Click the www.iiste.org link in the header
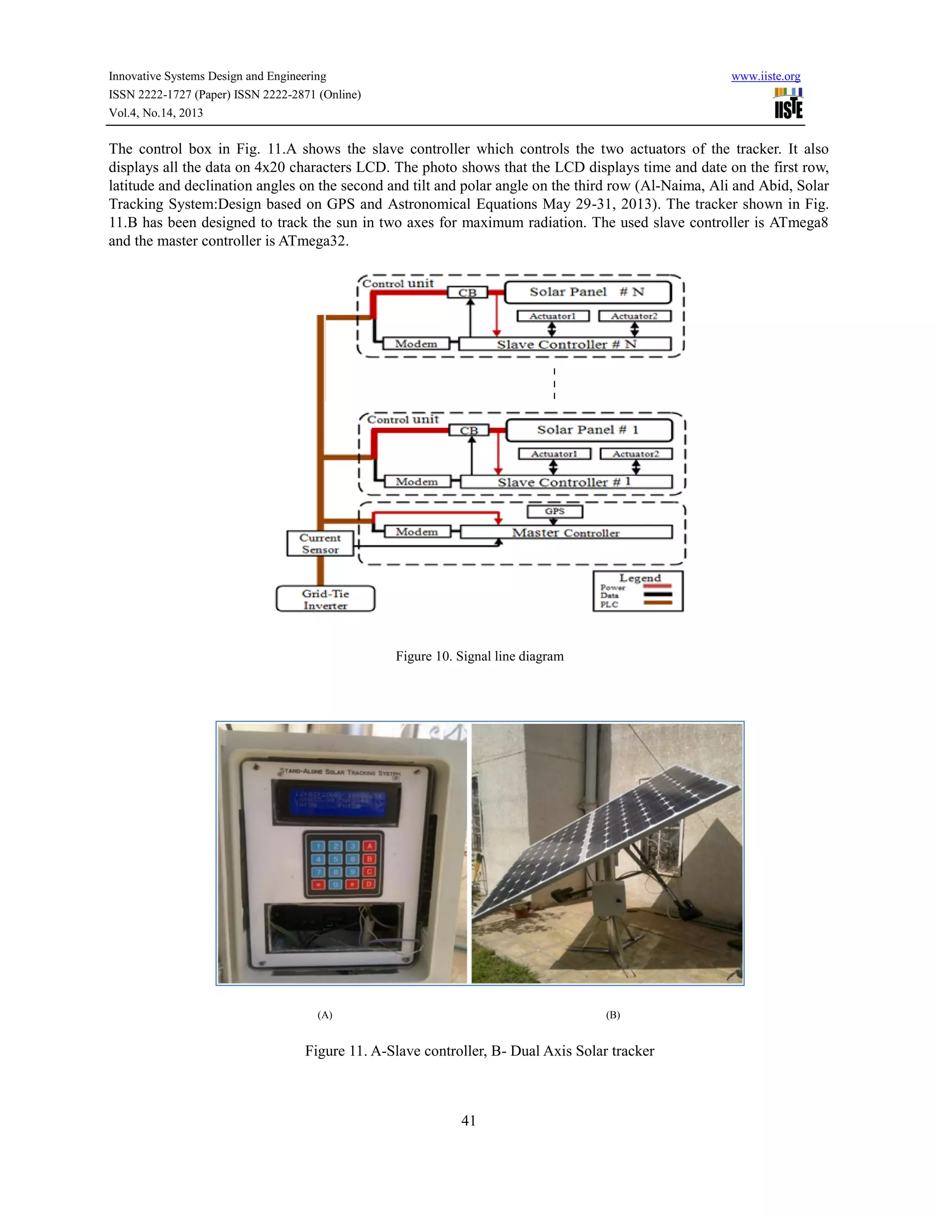pos(765,77)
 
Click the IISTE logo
pos(789,104)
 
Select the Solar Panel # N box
pos(587,292)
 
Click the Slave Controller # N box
pos(566,344)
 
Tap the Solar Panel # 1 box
pos(589,430)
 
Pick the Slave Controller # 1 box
pos(566,482)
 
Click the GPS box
pos(555,511)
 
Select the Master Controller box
pos(566,532)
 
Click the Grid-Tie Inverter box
pos(326,599)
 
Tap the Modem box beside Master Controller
pos(417,532)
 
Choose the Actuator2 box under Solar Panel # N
pos(635,316)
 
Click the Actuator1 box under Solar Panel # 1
pos(554,454)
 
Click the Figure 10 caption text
pos(480,656)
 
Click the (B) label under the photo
pos(612,1015)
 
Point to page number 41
pos(469,1121)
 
